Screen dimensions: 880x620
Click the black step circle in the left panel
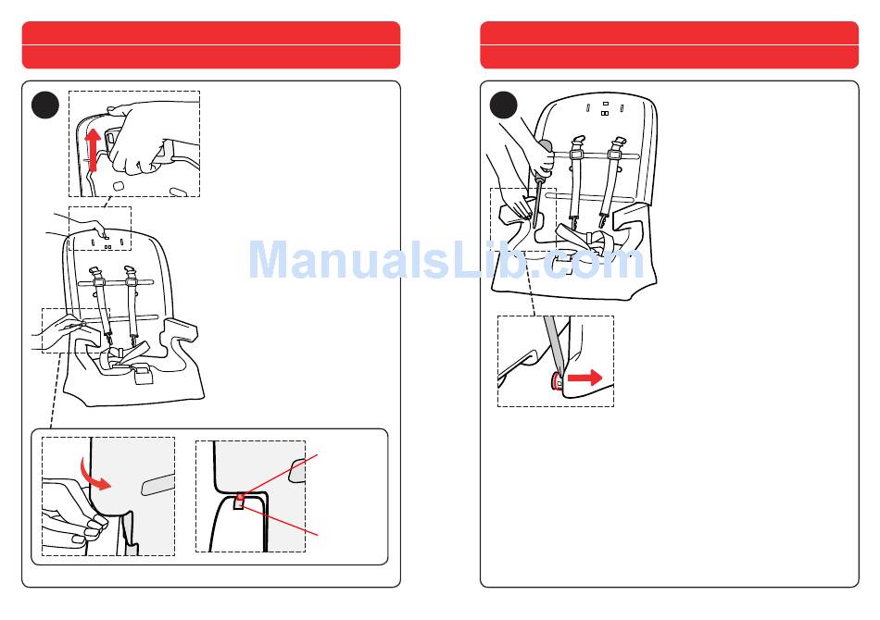pos(44,105)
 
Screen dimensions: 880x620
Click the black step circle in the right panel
pos(503,105)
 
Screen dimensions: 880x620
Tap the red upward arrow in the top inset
pos(94,150)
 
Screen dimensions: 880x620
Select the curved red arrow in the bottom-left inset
pos(94,475)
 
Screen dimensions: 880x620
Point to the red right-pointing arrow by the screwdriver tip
pos(585,378)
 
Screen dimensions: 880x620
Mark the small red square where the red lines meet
pos(241,497)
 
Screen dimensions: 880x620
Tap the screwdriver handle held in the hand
pos(543,158)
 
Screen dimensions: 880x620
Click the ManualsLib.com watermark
pos(446,259)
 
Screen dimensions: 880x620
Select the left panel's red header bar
pos(211,44)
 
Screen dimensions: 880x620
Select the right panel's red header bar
pos(669,44)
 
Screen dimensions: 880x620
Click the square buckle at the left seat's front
pos(143,373)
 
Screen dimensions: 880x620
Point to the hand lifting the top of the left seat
pos(84,226)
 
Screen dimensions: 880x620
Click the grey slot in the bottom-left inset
pos(157,485)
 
